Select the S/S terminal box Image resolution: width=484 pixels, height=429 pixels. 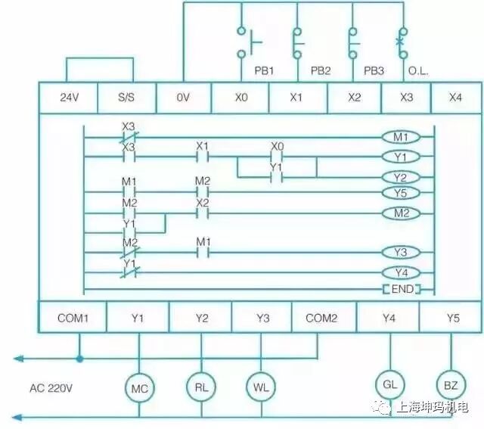click(x=126, y=98)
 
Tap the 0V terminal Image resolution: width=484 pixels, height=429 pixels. click(x=184, y=98)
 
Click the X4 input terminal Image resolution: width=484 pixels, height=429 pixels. click(x=455, y=98)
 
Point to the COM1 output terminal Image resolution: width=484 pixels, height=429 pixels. click(x=73, y=319)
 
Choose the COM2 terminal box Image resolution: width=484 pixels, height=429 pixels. click(x=321, y=319)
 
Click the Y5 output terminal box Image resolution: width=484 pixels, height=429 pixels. click(x=451, y=319)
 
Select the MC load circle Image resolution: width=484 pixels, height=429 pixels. click(x=139, y=387)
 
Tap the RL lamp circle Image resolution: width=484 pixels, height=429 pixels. click(x=201, y=386)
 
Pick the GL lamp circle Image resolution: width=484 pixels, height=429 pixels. click(x=389, y=384)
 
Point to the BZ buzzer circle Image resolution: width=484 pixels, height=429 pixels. click(x=450, y=385)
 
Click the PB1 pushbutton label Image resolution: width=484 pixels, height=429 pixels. click(x=263, y=70)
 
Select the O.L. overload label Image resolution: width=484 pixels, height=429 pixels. click(x=418, y=70)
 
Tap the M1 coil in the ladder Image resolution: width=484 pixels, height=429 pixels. click(x=401, y=137)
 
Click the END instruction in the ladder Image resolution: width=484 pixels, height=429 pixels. click(x=400, y=289)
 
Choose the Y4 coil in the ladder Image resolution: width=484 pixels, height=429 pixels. click(x=401, y=272)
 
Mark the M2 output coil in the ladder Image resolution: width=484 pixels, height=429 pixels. click(x=401, y=213)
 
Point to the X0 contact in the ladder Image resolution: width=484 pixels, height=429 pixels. click(x=277, y=157)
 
